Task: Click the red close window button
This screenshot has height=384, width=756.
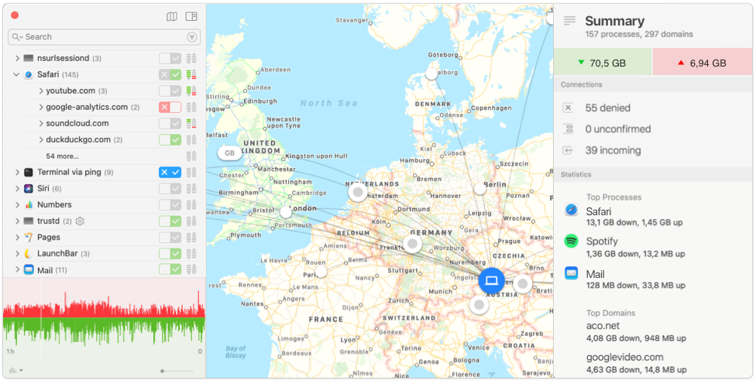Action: tap(15, 15)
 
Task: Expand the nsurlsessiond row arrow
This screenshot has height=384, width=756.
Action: tap(17, 58)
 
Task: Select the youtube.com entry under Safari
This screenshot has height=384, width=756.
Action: tap(70, 91)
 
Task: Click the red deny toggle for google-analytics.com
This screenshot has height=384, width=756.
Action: tap(164, 107)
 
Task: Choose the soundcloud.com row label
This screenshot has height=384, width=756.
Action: tap(77, 123)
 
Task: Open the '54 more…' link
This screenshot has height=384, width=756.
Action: tap(62, 156)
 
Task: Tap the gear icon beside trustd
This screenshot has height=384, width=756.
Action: tap(80, 221)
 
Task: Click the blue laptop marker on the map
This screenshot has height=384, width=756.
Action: tap(491, 280)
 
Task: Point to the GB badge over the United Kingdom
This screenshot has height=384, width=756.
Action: tap(229, 153)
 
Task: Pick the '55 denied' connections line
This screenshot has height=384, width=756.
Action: tap(607, 108)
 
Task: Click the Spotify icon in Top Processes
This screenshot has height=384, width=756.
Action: tap(572, 242)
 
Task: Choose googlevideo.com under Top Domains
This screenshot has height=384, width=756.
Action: tap(624, 357)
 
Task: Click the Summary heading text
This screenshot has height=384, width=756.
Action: tap(614, 21)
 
